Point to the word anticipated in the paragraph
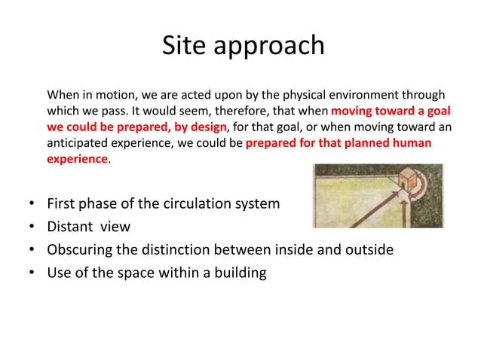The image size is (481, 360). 78,143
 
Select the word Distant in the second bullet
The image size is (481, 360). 73,227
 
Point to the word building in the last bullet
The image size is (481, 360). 239,273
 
